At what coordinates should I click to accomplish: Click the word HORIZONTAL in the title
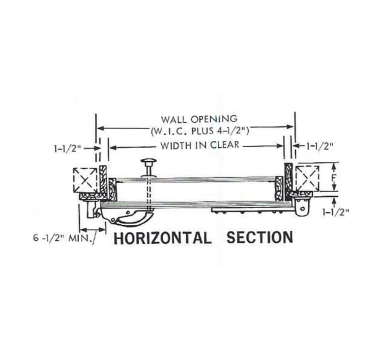click(x=163, y=238)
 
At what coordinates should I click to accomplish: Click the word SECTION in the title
click(x=260, y=237)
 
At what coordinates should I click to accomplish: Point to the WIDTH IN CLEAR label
click(x=200, y=145)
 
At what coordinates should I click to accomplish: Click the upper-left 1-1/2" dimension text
click(x=68, y=149)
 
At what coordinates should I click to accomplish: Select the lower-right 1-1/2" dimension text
click(x=336, y=212)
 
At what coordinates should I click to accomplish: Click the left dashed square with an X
click(x=85, y=180)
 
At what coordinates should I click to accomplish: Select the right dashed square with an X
click(x=307, y=178)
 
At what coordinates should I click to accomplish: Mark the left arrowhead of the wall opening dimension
click(x=101, y=128)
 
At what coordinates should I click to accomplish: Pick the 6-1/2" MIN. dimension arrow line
click(x=93, y=230)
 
